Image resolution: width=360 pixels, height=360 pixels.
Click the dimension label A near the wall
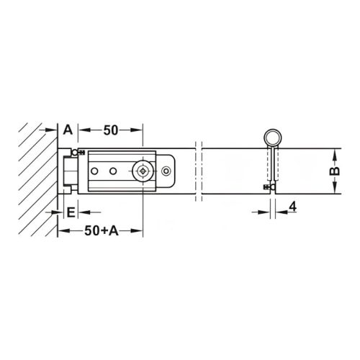point(67,130)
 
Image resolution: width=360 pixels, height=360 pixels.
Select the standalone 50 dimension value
point(111,130)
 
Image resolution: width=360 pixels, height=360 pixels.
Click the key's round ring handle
point(273,138)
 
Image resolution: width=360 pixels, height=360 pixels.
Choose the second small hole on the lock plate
point(113,171)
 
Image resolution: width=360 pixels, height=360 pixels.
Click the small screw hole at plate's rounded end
point(167,171)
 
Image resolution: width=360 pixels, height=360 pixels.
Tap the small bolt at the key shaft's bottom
point(273,188)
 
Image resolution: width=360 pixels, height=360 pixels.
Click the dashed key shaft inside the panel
point(273,166)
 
